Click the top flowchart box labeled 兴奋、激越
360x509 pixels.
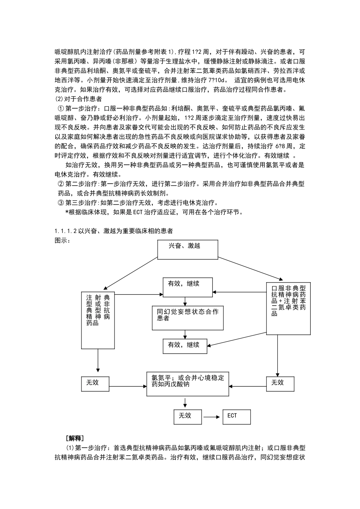coord(188,249)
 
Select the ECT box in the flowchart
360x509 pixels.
coord(236,416)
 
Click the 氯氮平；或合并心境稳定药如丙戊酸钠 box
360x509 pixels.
coord(188,383)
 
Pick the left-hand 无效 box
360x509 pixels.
coord(95,383)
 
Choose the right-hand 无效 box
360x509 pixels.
coord(280,383)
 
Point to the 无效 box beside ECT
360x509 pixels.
coord(188,416)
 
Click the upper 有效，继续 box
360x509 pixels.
coord(188,287)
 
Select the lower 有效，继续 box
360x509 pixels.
coord(185,345)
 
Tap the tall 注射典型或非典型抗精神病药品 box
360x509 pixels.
coord(98,320)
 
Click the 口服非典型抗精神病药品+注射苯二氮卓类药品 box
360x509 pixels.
coord(288,307)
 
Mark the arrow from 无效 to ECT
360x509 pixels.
coord(212,417)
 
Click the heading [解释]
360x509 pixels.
coord(75,438)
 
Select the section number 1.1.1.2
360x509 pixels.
coord(66,231)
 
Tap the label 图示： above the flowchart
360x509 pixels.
coord(63,240)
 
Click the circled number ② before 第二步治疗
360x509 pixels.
coord(61,184)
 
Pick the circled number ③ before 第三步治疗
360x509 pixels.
coord(61,203)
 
